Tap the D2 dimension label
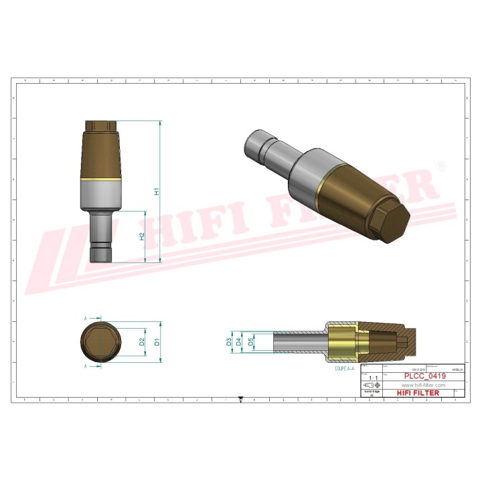142,341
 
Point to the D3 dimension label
229,341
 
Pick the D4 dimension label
240,341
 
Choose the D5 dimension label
250,341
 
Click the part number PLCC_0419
423,377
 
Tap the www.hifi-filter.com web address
423,386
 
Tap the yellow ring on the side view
101,181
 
